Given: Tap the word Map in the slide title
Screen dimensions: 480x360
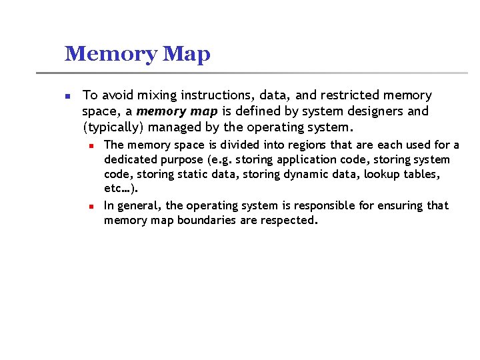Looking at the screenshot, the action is tap(186, 55).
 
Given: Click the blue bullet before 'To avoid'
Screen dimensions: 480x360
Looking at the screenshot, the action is tap(67, 97).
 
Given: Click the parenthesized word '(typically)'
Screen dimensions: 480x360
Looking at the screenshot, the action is tap(113, 127).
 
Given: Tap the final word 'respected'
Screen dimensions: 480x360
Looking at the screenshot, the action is tap(287, 220).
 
